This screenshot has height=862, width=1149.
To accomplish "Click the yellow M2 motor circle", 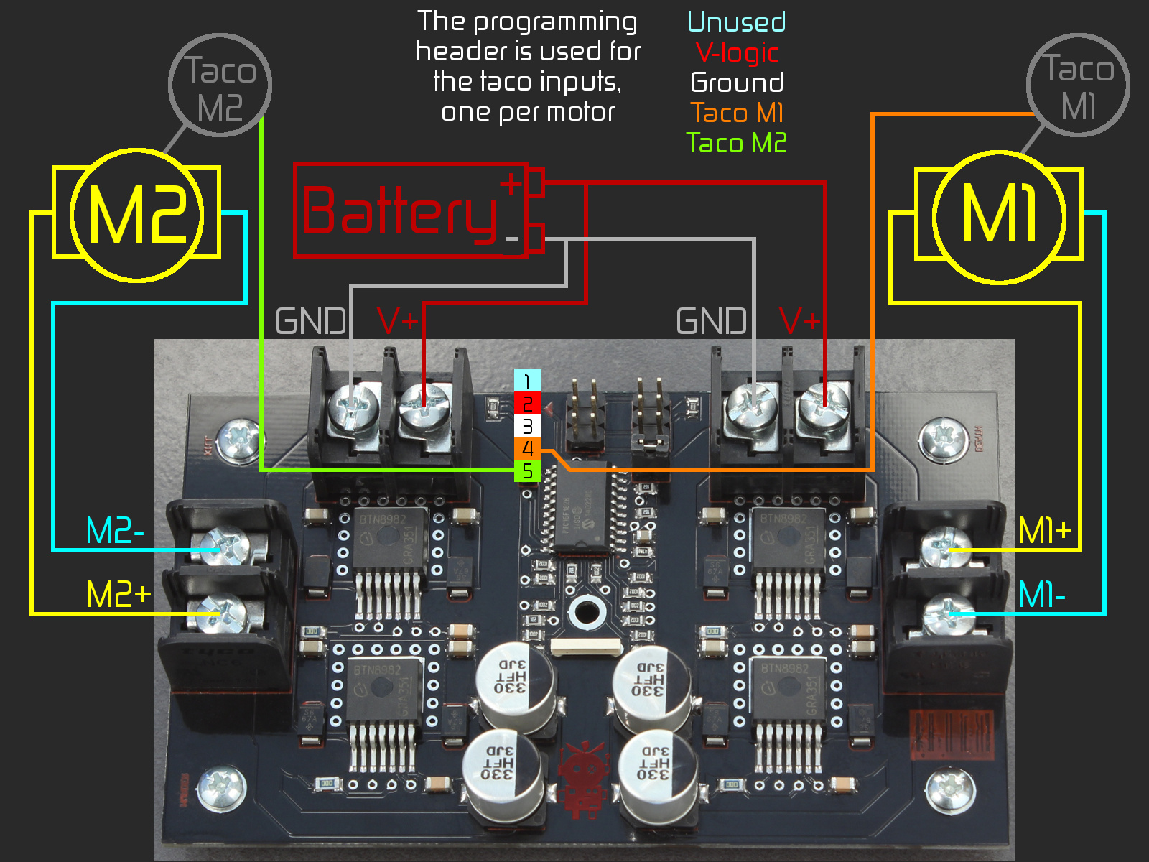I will (x=136, y=215).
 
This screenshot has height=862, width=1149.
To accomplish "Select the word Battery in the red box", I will (x=399, y=212).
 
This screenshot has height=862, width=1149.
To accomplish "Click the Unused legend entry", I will (x=736, y=22).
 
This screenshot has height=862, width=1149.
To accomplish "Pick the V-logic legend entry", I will (x=737, y=52).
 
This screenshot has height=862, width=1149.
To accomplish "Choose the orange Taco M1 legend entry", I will (x=737, y=113).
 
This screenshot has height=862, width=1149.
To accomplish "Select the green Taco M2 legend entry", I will (x=737, y=143).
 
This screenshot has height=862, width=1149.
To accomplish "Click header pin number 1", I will (x=527, y=381).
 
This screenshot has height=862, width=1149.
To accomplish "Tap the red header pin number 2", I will (x=527, y=404).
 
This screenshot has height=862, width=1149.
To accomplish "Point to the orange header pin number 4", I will (x=527, y=449).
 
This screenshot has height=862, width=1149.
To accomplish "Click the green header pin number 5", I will (x=527, y=471).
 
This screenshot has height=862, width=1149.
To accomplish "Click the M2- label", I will (x=115, y=532).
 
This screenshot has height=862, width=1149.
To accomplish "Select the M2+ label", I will (x=118, y=595).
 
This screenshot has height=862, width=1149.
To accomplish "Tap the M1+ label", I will (x=1045, y=532).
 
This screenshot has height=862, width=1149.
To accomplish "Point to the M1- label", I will (x=1042, y=595).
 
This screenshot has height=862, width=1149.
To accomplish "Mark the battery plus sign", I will (x=511, y=185).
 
